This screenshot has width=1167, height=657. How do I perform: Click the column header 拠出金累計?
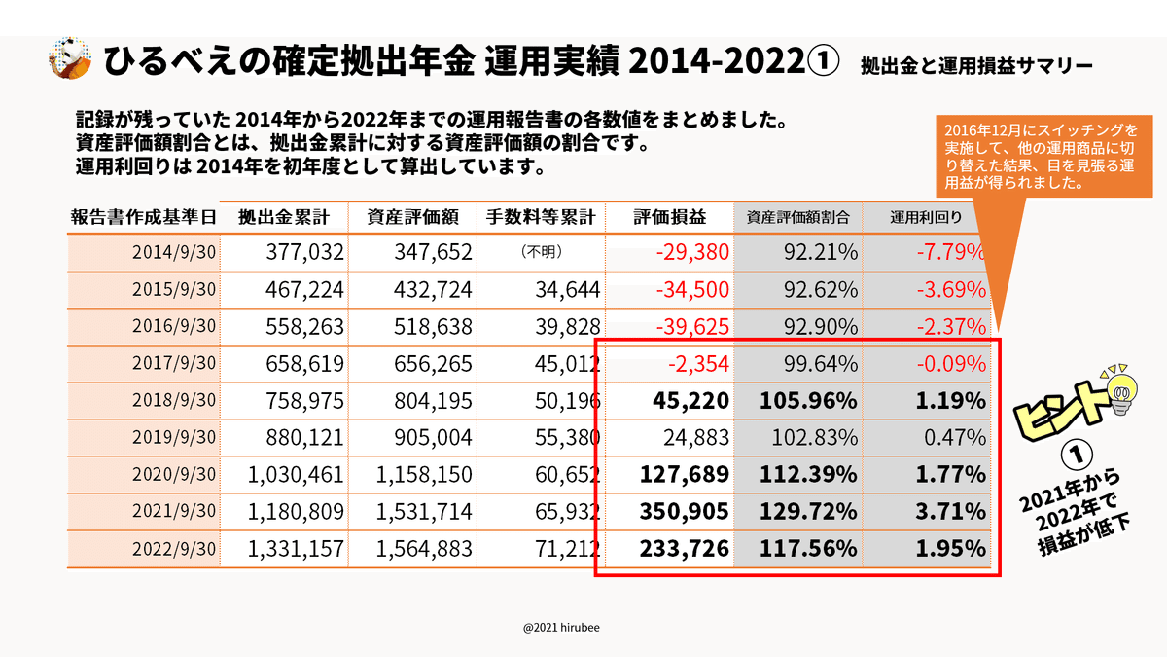(x=282, y=217)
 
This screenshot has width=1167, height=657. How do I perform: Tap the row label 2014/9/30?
(x=174, y=253)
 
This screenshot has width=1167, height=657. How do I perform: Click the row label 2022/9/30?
(x=174, y=549)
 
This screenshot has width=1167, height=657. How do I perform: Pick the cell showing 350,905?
(x=684, y=512)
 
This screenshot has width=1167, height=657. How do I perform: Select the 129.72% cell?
(x=810, y=512)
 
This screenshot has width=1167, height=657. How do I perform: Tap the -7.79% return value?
(x=950, y=253)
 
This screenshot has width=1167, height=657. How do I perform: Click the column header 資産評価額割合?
(x=797, y=217)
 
